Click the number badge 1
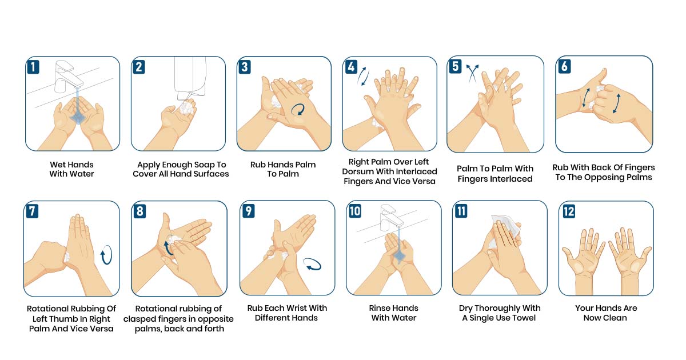pyautogui.click(x=34, y=66)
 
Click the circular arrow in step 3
pyautogui.click(x=298, y=109)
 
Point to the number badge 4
pyautogui.click(x=351, y=66)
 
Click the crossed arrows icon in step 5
pyautogui.click(x=472, y=73)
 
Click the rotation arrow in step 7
pyautogui.click(x=106, y=255)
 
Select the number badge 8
pyautogui.click(x=139, y=211)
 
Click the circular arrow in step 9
pyautogui.click(x=312, y=265)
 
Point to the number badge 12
pyautogui.click(x=568, y=211)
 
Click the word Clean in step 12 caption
pyautogui.click(x=615, y=318)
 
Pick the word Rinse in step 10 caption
pyautogui.click(x=382, y=308)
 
